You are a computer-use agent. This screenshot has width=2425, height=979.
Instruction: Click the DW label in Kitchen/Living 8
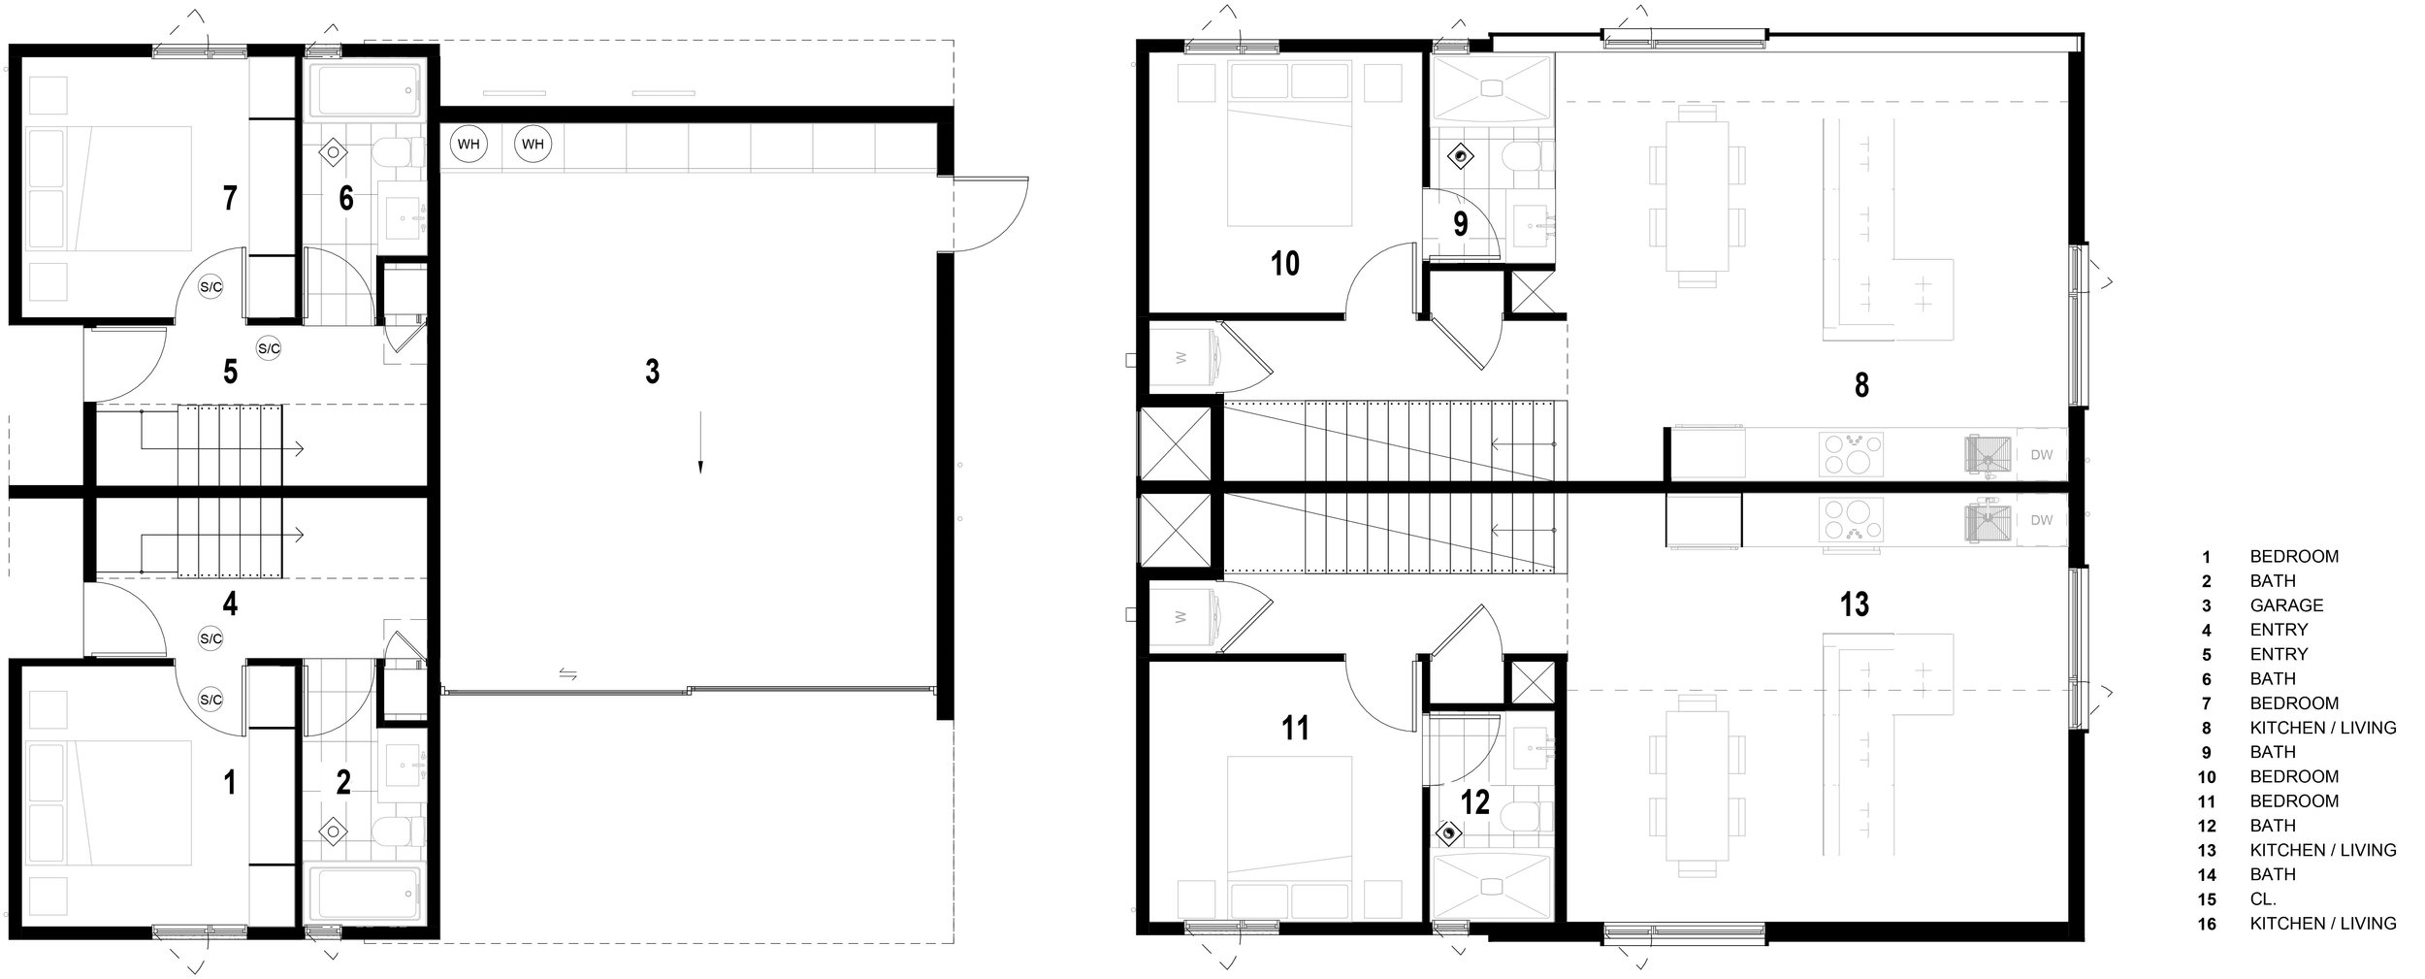tap(2042, 454)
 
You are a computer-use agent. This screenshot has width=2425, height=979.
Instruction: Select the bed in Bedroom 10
tap(1289, 143)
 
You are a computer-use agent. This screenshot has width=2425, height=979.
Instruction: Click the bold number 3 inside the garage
tap(653, 371)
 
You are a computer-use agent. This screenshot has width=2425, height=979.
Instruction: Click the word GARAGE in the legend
tap(2286, 605)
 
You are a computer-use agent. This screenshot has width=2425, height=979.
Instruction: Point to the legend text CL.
tap(2264, 898)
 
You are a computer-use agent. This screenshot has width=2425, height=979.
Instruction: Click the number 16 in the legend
tap(2207, 924)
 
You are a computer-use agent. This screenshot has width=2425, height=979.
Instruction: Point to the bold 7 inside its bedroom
tap(230, 198)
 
